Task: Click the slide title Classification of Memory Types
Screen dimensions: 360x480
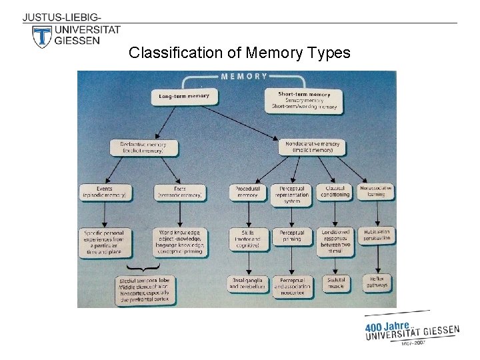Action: (x=239, y=53)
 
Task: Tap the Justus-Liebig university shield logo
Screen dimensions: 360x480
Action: (x=42, y=37)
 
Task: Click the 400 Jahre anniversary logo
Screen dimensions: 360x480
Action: (x=411, y=329)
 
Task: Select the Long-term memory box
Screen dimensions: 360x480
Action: (x=183, y=96)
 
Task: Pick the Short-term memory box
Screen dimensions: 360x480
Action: (x=305, y=100)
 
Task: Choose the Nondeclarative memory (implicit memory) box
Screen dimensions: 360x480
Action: (x=312, y=147)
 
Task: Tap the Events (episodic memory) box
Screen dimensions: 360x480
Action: (x=105, y=192)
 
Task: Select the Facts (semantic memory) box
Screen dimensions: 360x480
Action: (x=180, y=192)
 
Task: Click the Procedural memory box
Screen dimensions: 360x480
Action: (x=247, y=192)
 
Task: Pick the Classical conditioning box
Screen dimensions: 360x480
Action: (x=335, y=192)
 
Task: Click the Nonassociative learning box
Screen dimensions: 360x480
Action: (x=376, y=192)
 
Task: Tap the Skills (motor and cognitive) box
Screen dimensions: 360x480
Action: (x=247, y=239)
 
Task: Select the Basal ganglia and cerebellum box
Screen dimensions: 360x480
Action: (x=247, y=283)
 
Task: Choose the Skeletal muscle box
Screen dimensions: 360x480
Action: (x=335, y=283)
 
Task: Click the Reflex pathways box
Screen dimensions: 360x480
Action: (x=376, y=283)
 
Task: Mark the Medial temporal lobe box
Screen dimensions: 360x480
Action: (x=145, y=290)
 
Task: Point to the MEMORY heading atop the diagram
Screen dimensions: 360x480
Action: (x=244, y=76)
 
